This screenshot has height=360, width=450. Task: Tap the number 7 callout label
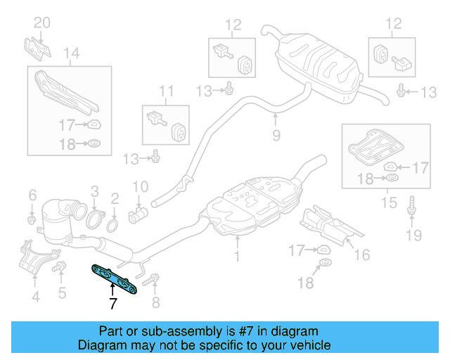[112, 304]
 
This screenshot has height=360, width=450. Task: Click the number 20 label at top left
[41, 23]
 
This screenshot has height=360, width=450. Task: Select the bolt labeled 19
[411, 206]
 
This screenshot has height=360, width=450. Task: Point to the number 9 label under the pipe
[276, 134]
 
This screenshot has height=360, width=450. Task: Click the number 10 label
[140, 187]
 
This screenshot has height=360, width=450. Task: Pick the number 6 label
[32, 194]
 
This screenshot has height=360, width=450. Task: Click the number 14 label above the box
[71, 53]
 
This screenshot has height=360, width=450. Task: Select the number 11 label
[165, 91]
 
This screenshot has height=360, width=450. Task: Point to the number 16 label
[361, 254]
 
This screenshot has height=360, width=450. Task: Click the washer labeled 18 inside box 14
[93, 146]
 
